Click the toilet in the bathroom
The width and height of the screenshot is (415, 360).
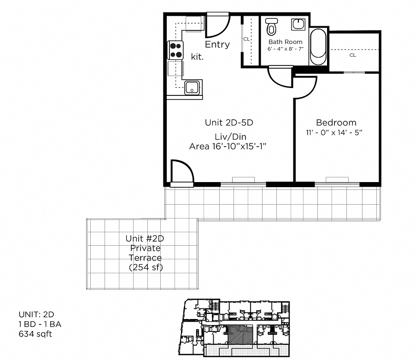[x=272, y=26]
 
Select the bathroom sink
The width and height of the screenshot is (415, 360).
[x=298, y=24]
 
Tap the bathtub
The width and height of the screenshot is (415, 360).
[x=318, y=47]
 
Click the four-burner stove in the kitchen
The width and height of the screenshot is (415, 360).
[x=176, y=50]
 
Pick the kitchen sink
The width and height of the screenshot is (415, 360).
[x=192, y=87]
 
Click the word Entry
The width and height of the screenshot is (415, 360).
[x=217, y=45]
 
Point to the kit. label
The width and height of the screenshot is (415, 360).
[x=197, y=56]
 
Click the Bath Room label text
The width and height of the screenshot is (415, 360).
[x=285, y=42]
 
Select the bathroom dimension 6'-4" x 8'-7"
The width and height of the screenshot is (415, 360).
[x=286, y=49]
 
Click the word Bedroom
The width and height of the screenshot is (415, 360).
[x=336, y=123]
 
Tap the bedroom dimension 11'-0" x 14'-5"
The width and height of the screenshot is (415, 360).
[x=335, y=133]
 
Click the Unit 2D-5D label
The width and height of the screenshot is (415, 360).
[x=229, y=123]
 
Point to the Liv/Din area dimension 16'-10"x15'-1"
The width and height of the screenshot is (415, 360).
[x=228, y=146]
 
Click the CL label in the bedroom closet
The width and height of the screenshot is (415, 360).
[x=352, y=55]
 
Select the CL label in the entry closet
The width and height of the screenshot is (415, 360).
[x=246, y=40]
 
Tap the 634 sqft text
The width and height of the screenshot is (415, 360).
[x=35, y=333]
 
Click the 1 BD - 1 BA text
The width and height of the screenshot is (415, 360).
[x=40, y=324]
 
